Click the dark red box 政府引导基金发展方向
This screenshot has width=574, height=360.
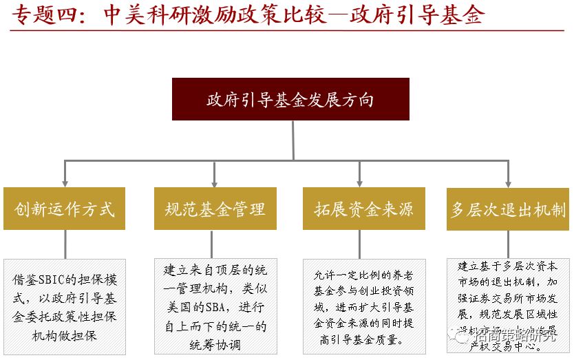coord(290,99)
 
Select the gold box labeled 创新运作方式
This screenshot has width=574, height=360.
coord(64,209)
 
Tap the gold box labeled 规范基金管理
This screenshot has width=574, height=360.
coord(215,209)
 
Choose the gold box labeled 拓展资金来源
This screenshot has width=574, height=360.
coord(359,209)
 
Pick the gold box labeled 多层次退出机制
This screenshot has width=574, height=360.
coord(509,209)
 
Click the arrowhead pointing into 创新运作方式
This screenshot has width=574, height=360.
coord(65,183)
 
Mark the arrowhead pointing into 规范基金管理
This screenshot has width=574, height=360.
coord(214,183)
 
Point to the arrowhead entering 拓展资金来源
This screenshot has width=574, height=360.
coord(359,183)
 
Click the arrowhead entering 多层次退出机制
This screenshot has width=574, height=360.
coord(508,183)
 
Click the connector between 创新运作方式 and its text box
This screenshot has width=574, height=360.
coord(65,244)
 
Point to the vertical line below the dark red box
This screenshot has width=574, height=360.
coord(291,141)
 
